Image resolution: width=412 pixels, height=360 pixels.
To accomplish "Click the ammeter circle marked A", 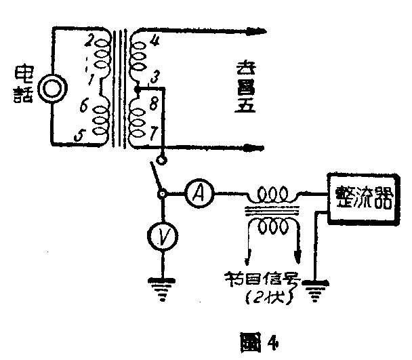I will (199, 195).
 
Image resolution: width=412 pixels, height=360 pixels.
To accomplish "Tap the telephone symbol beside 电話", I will (49, 89).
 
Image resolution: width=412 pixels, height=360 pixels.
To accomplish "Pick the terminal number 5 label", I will (80, 137).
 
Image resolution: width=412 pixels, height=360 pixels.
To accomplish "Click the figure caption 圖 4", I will (260, 337).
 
